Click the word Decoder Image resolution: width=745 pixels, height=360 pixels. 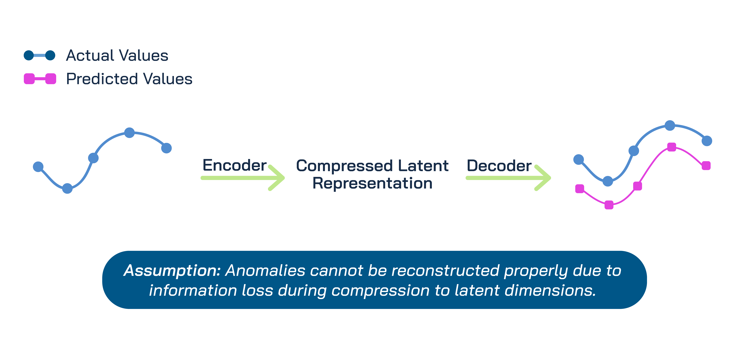click(x=499, y=166)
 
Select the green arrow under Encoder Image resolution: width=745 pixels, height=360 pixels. click(x=243, y=178)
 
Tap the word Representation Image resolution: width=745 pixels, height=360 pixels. click(x=372, y=183)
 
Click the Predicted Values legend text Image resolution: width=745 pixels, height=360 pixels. click(x=129, y=79)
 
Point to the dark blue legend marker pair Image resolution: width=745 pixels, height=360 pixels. click(x=40, y=55)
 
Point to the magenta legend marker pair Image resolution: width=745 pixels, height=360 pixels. click(x=40, y=79)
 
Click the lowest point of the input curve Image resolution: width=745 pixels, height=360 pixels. click(x=67, y=188)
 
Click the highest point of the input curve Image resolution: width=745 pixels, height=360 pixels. click(x=129, y=133)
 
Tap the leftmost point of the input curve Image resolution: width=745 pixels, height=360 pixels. click(x=38, y=167)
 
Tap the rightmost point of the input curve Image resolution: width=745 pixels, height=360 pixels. click(x=166, y=148)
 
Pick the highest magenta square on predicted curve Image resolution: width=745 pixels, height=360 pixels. click(x=672, y=147)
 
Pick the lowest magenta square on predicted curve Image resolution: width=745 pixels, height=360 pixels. click(x=609, y=205)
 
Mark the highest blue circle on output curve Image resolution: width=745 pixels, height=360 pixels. click(x=670, y=125)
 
